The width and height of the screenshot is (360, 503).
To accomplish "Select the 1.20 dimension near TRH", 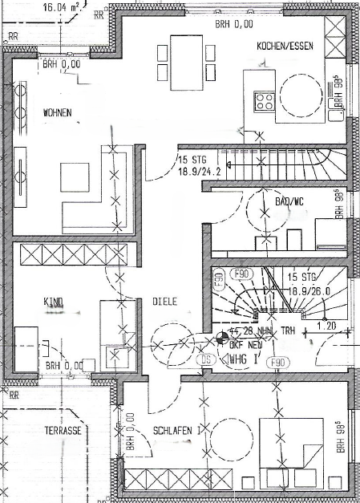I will (326, 327).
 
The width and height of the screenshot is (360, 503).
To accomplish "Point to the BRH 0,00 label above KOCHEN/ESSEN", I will (233, 24).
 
